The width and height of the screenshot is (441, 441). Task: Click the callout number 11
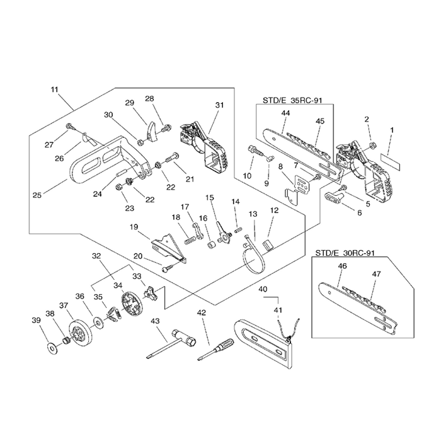[55, 89]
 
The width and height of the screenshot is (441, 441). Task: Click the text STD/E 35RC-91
[292, 100]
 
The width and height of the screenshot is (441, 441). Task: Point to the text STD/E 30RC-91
[345, 253]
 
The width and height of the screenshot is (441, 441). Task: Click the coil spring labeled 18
[190, 240]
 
